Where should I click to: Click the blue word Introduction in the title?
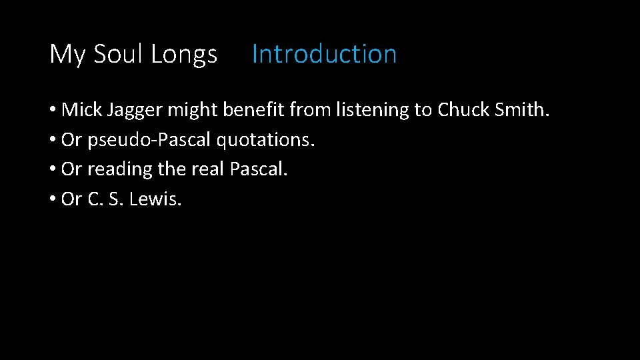tap(324, 54)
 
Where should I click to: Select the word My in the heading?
tap(67, 55)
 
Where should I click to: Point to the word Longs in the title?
tap(184, 55)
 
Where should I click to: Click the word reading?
tap(120, 170)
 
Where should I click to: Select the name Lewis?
tap(155, 199)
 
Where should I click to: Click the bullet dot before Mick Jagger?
tap(53, 111)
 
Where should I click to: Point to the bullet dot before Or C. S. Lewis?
tap(53, 199)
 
